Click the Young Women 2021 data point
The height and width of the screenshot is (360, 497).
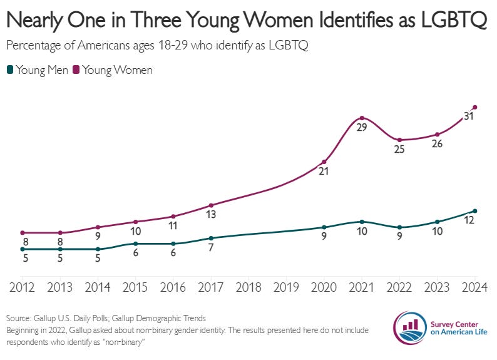362,118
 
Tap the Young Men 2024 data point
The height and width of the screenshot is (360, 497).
475,211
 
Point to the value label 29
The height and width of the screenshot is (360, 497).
361,128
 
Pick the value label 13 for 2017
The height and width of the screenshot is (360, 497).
211,215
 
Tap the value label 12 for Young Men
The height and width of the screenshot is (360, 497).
468,220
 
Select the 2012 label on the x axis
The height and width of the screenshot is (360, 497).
23,287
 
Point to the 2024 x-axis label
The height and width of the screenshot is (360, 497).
474,287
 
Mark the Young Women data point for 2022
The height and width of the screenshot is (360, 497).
399,140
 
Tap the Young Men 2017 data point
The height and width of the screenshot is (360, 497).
211,238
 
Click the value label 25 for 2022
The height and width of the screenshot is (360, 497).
399,150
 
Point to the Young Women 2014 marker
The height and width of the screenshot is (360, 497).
98,227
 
